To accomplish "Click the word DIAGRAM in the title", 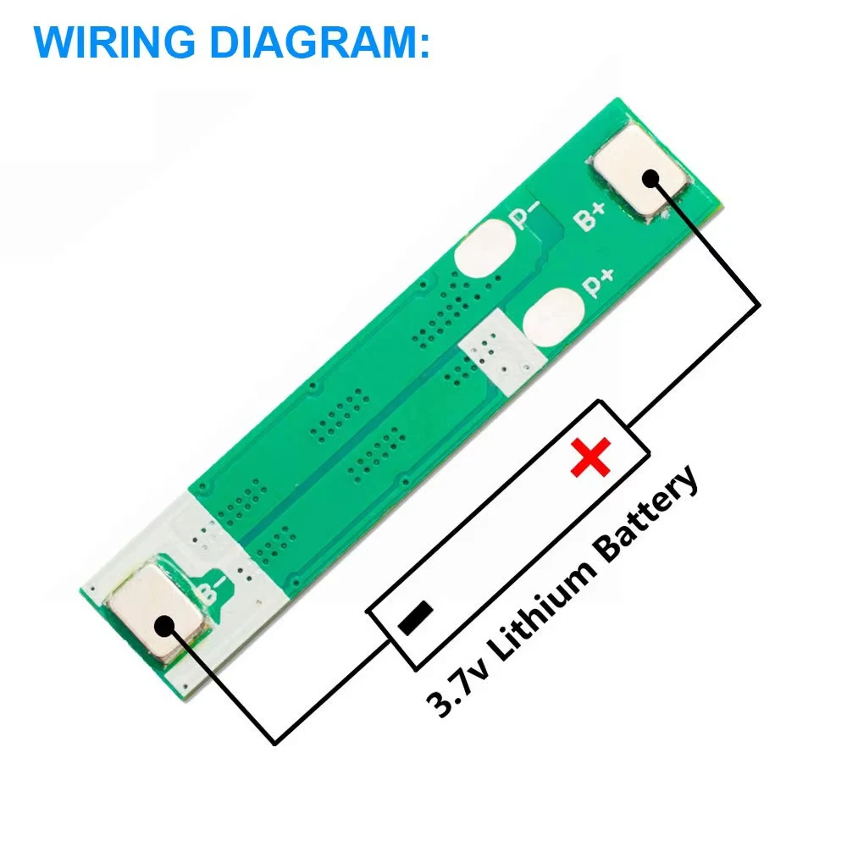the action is tap(315, 42).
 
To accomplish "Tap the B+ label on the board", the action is tap(589, 216).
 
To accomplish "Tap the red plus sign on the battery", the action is tap(591, 457).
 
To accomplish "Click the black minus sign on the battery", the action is tap(415, 617).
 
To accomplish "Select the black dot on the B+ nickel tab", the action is tap(650, 179).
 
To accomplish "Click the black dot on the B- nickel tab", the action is tap(165, 626).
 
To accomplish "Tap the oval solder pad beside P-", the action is tap(484, 249).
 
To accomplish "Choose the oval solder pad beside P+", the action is tap(554, 317).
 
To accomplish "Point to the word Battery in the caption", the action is tap(646, 512).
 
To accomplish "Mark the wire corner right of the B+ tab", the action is tap(759, 305).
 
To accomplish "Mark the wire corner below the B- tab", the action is tap(275, 743).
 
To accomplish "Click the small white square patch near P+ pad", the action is tap(501, 352).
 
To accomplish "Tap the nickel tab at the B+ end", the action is tap(640, 169).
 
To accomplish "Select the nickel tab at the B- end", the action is tap(158, 612).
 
